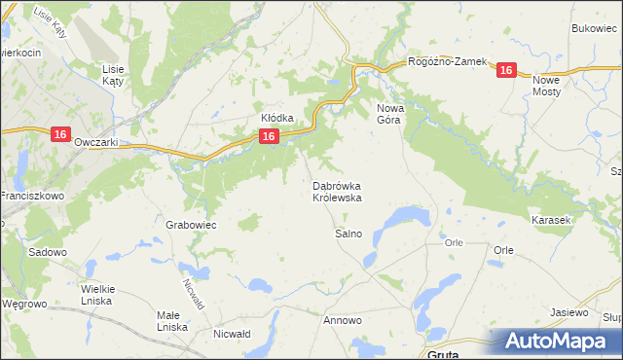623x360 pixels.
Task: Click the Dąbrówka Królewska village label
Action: (338, 191)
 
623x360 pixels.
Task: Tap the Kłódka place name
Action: (276, 118)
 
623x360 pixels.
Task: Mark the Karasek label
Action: (550, 221)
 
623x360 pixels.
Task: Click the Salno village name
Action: (348, 234)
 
